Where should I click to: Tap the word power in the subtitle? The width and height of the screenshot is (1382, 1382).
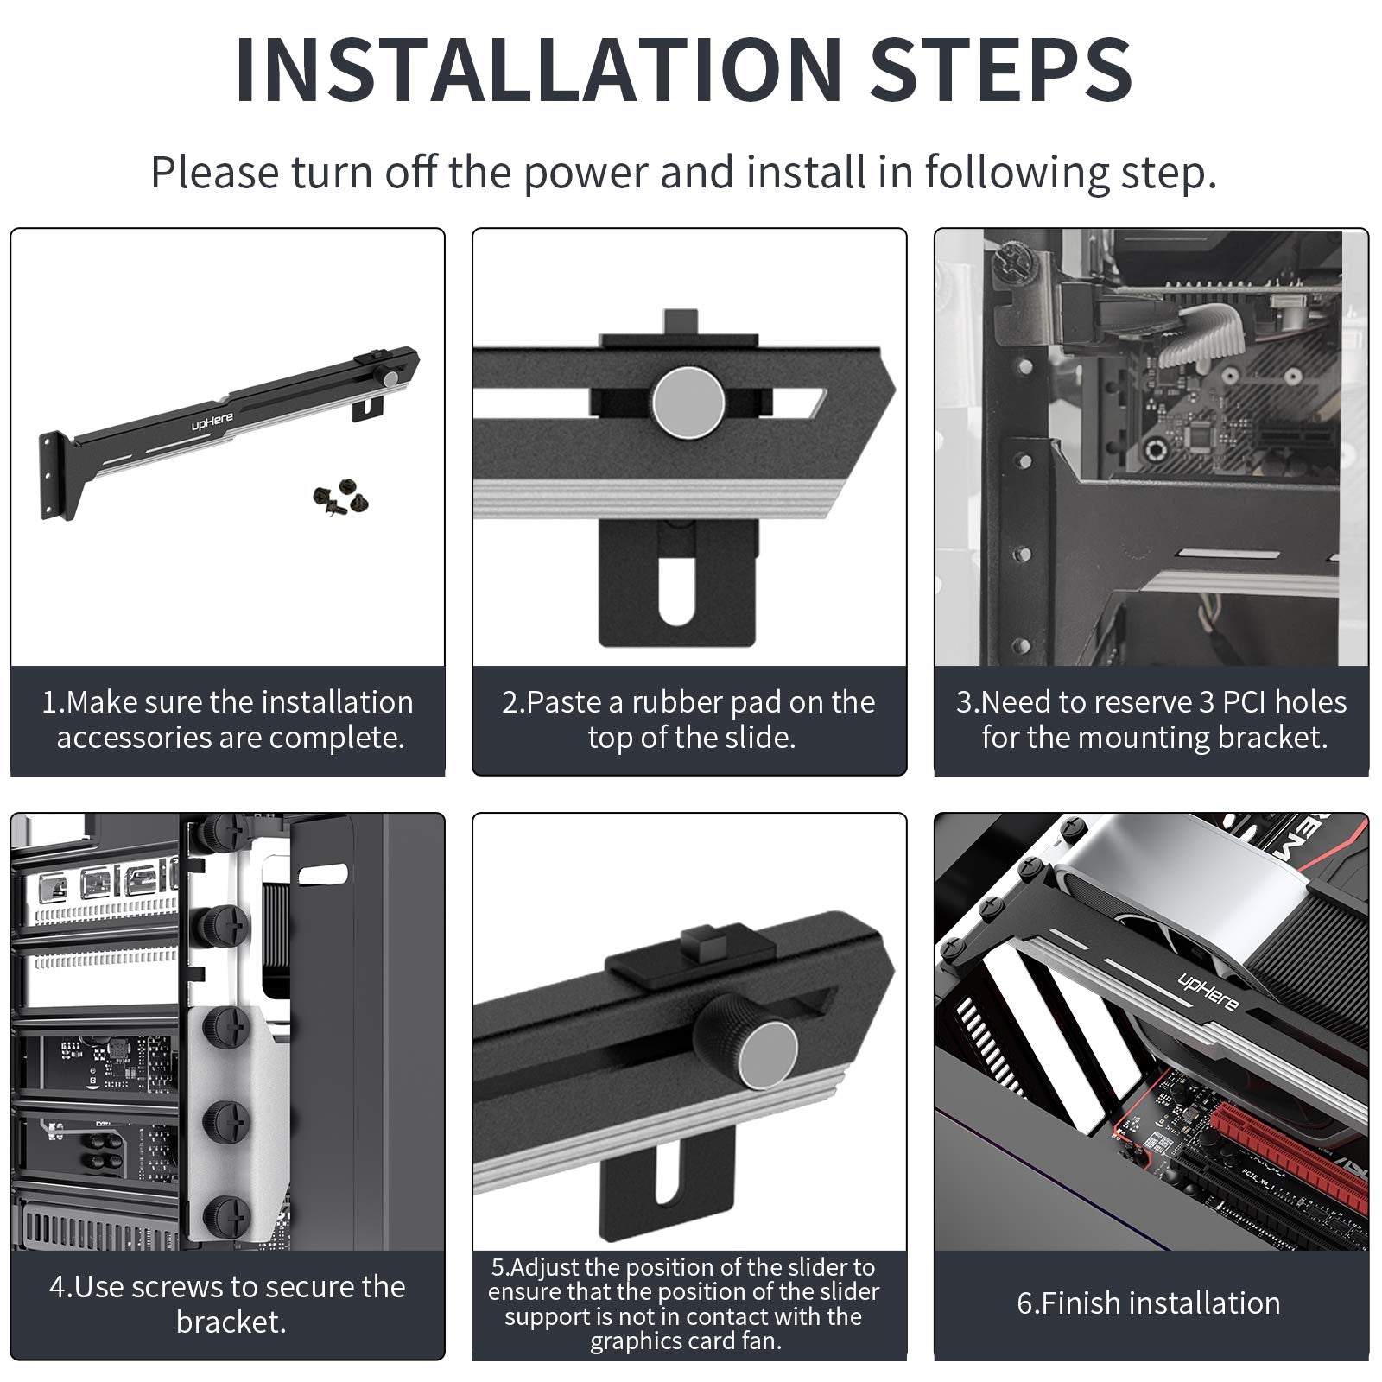[586, 174]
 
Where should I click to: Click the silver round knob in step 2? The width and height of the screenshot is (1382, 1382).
[688, 403]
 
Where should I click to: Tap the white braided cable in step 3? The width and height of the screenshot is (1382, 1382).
[1201, 333]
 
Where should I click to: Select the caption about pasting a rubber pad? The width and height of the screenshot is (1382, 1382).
[689, 720]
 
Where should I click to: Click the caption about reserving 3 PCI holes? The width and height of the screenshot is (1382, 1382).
[1151, 720]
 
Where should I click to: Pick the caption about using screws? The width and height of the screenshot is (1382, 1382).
[228, 1304]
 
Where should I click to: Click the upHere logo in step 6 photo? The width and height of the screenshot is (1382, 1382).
[1208, 990]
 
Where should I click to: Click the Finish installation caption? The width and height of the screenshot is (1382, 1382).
[1149, 1303]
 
